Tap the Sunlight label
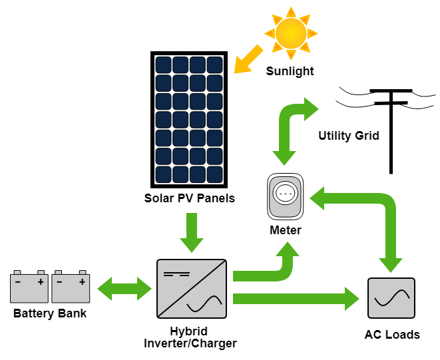pyautogui.click(x=290, y=71)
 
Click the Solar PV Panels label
pyautogui.click(x=190, y=198)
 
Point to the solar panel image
pyautogui.click(x=190, y=120)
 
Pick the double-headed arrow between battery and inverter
pyautogui.click(x=125, y=289)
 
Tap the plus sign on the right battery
pyautogui.click(x=83, y=281)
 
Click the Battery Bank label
pyautogui.click(x=50, y=313)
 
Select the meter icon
pyautogui.click(x=286, y=196)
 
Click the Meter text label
pyautogui.click(x=286, y=230)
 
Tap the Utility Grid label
pyautogui.click(x=348, y=136)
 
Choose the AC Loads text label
pyautogui.click(x=392, y=335)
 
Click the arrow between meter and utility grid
pyautogui.click(x=288, y=126)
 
